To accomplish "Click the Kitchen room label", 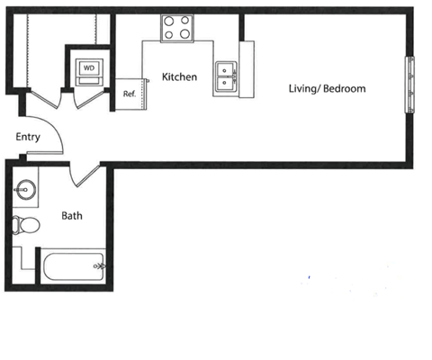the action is click(179, 76).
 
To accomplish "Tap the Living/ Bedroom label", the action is click(327, 89).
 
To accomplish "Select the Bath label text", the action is click(72, 216).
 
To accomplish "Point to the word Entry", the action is click(28, 137).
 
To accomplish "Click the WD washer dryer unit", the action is click(89, 72).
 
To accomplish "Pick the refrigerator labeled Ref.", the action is click(130, 94).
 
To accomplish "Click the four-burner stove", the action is click(177, 28).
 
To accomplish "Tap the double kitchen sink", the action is click(226, 76).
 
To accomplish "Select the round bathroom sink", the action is click(26, 190).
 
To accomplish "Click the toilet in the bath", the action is click(26, 225).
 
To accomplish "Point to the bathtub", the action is click(74, 266).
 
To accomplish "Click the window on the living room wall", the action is click(409, 85).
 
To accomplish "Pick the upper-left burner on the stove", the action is click(169, 21).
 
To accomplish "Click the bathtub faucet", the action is click(99, 265).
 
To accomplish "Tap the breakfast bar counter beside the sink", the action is click(247, 69).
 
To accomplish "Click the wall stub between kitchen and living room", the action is click(241, 27).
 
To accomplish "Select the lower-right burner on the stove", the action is click(184, 33).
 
